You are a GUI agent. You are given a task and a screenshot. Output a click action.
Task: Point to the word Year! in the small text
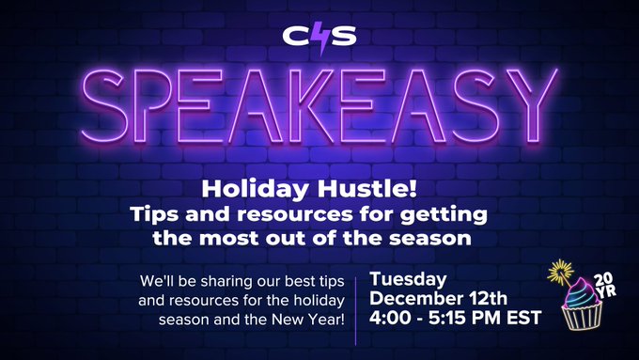coord(327,321)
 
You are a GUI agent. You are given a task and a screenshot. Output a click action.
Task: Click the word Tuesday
coord(407,278)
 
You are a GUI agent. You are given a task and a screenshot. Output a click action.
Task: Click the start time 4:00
coord(390,319)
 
